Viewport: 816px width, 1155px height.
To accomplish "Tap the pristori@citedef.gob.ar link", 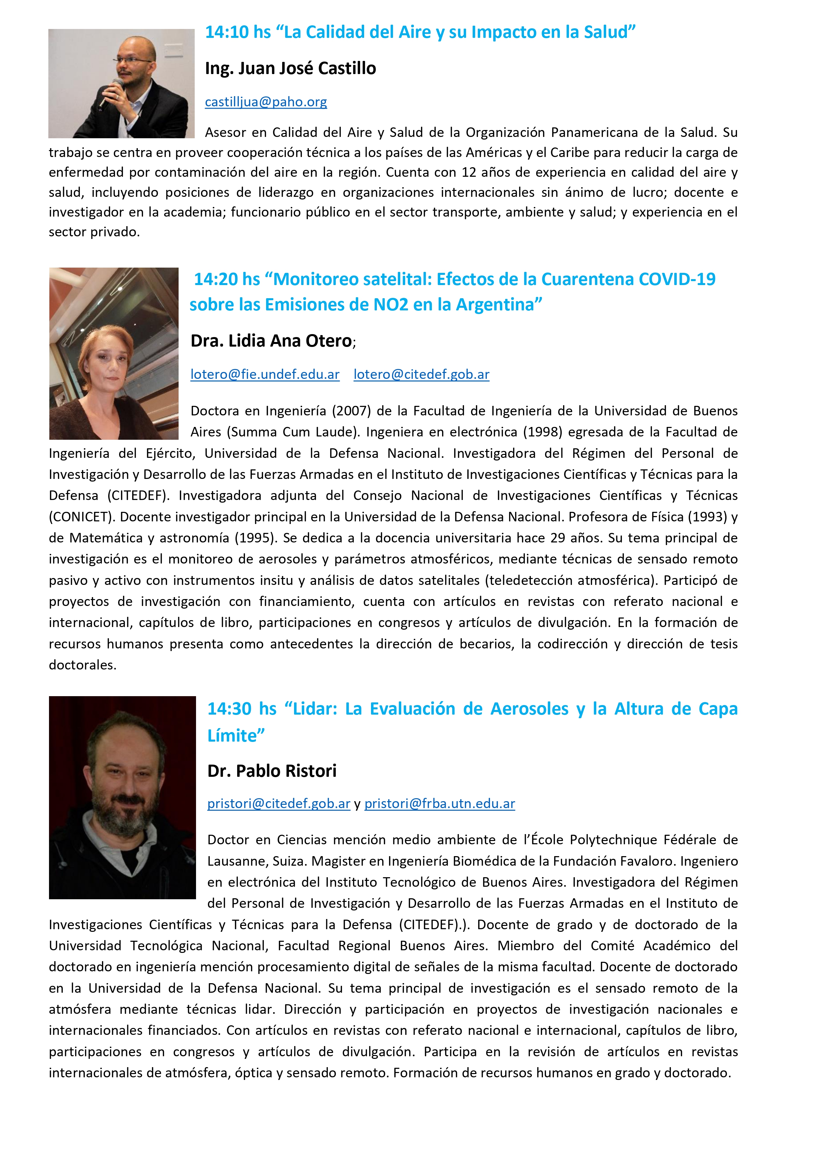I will [x=279, y=803].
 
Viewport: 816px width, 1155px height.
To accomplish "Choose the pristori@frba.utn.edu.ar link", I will [x=439, y=803].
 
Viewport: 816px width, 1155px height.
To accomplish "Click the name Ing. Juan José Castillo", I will [x=290, y=68].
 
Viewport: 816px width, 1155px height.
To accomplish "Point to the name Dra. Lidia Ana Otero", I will [x=271, y=341].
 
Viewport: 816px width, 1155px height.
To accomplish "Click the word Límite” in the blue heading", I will [x=236, y=735].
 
